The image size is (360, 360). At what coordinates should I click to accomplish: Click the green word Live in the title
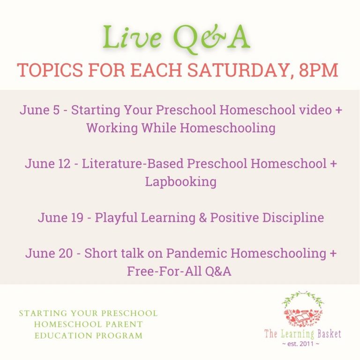click(x=132, y=37)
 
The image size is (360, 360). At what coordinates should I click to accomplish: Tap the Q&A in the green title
click(x=211, y=39)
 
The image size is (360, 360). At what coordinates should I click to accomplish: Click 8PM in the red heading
click(x=318, y=70)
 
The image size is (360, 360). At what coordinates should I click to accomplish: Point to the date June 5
click(x=39, y=110)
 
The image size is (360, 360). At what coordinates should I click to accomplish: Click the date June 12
click(x=48, y=164)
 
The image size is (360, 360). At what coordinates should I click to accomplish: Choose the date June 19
click(x=60, y=217)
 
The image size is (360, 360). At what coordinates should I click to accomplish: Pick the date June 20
click(x=49, y=253)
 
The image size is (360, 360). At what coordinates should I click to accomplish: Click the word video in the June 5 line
click(x=315, y=110)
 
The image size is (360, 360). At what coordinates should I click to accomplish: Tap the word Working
click(x=112, y=128)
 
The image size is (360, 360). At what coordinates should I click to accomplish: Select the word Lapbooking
click(x=180, y=182)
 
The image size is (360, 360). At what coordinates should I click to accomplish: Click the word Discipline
click(x=293, y=217)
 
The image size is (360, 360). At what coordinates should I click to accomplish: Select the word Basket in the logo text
click(x=329, y=334)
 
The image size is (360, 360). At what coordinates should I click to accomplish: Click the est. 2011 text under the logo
click(x=300, y=344)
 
